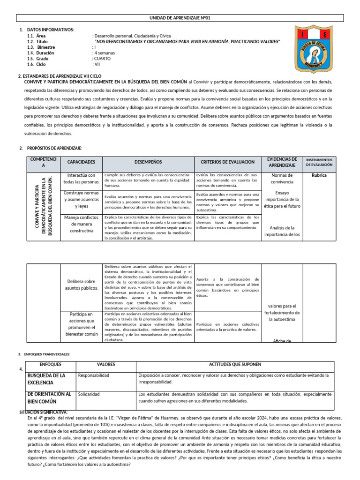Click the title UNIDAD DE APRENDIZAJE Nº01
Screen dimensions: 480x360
tap(180, 18)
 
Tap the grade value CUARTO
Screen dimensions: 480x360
tap(103, 59)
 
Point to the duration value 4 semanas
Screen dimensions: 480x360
tap(105, 53)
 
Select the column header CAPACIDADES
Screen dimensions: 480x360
tap(81, 162)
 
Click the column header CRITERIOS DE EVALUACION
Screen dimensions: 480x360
tap(227, 162)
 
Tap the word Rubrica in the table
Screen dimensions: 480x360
tap(319, 175)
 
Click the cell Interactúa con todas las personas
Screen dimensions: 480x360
tap(81, 179)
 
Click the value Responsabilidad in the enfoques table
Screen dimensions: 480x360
tap(94, 376)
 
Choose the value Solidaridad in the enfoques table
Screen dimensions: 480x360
tap(89, 394)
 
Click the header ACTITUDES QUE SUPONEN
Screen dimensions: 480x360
tap(235, 365)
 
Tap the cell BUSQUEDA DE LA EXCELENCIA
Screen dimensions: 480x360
tap(47, 379)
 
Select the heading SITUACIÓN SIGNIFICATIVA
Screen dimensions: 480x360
tap(44, 412)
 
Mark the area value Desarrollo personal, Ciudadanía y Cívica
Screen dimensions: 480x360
tap(133, 36)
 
